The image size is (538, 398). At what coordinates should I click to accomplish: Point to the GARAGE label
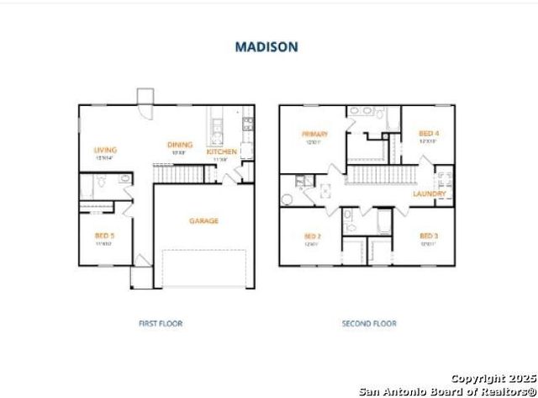point(203,220)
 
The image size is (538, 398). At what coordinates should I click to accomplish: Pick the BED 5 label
point(105,236)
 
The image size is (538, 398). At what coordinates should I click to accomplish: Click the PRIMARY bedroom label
point(315,134)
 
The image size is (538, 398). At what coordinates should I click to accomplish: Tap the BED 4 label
point(429,134)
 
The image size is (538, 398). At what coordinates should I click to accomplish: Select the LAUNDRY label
point(429,194)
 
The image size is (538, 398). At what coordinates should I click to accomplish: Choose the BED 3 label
point(429,236)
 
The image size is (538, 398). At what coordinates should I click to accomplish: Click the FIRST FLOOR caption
point(160,323)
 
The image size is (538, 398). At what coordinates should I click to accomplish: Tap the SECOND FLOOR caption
point(369,323)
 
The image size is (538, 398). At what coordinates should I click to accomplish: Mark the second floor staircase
point(377,175)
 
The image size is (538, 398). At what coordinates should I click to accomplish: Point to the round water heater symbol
point(287,199)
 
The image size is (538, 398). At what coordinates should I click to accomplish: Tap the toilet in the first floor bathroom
point(101,180)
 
